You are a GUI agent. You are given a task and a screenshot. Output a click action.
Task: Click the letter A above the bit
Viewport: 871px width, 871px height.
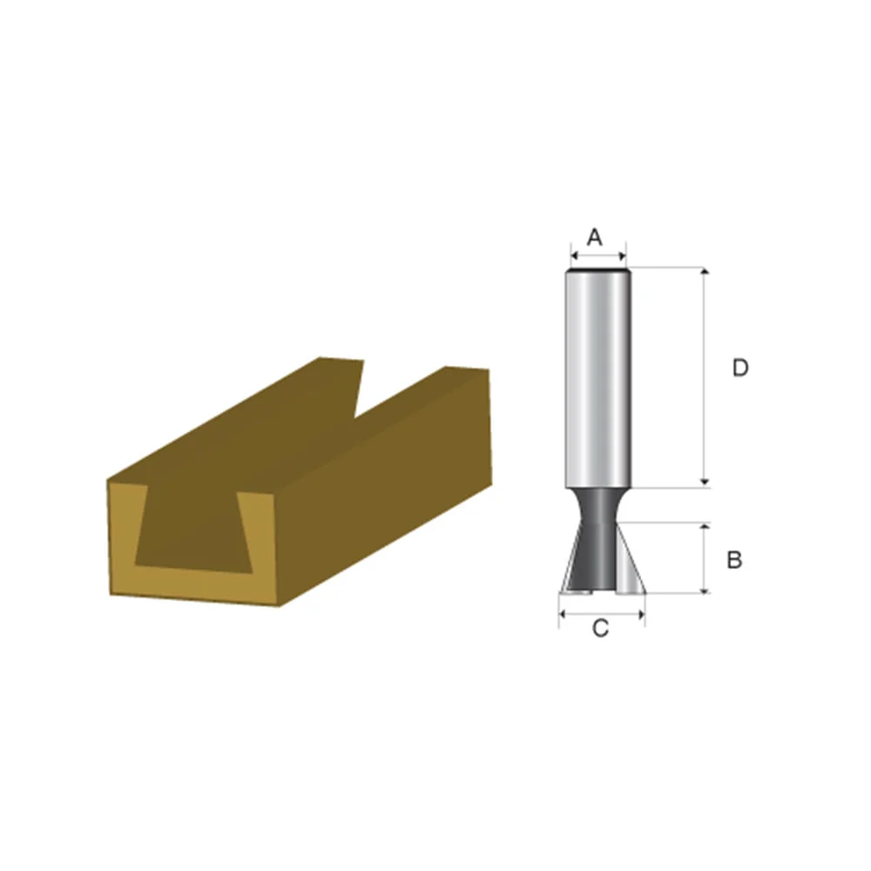pyautogui.click(x=595, y=237)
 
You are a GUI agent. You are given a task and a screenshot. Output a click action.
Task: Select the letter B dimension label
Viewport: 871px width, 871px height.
pyautogui.click(x=734, y=560)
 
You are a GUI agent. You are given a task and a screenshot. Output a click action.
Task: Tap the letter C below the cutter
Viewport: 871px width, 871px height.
pyautogui.click(x=600, y=629)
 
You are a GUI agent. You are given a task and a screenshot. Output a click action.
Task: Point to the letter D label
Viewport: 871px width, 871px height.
pyautogui.click(x=739, y=368)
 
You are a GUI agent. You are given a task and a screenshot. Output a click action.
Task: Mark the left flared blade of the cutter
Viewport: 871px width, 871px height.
pyautogui.click(x=572, y=562)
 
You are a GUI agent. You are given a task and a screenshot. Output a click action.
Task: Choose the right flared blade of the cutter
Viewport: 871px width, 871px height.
pyautogui.click(x=629, y=562)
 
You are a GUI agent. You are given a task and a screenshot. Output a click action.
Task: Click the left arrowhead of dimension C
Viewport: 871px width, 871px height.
pyautogui.click(x=562, y=613)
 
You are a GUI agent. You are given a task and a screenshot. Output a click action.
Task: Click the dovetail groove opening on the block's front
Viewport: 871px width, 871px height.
pyautogui.click(x=196, y=531)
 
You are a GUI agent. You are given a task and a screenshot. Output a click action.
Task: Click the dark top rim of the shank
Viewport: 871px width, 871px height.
pyautogui.click(x=598, y=271)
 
